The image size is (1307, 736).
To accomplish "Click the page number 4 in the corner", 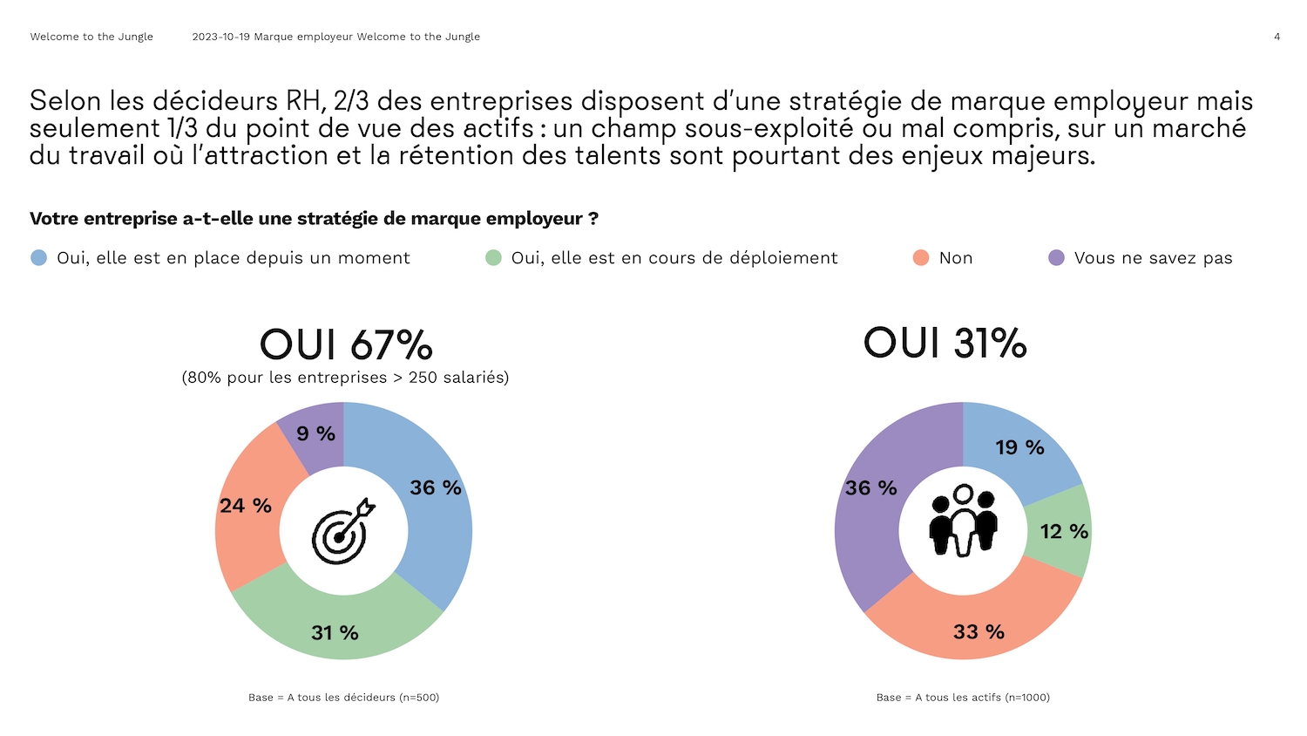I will pyautogui.click(x=1277, y=37).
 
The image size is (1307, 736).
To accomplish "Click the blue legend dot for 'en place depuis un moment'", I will pyautogui.click(x=38, y=257).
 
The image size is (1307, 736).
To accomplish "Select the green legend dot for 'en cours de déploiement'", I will pyautogui.click(x=493, y=257).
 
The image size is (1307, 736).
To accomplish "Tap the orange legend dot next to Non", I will pyautogui.click(x=921, y=257).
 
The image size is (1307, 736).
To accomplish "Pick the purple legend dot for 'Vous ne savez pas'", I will pyautogui.click(x=1056, y=257).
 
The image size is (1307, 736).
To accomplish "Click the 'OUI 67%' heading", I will pyautogui.click(x=346, y=344).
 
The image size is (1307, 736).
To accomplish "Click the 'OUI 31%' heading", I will pyautogui.click(x=945, y=343).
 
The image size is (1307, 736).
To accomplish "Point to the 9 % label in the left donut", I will pyautogui.click(x=315, y=433).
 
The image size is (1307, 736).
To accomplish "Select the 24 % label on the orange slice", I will pyautogui.click(x=246, y=506).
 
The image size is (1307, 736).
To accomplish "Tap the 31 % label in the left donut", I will pyautogui.click(x=335, y=632).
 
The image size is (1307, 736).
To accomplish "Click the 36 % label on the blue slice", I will pyautogui.click(x=436, y=487).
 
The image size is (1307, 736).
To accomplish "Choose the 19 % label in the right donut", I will pyautogui.click(x=1019, y=447).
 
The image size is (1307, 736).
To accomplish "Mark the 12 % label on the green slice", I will pyautogui.click(x=1064, y=531).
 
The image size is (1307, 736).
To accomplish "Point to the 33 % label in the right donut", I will pyautogui.click(x=979, y=631).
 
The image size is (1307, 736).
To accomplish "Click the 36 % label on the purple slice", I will pyautogui.click(x=870, y=487).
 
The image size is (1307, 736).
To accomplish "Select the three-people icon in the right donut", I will pyautogui.click(x=963, y=521).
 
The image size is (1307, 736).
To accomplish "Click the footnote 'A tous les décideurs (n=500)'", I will pyautogui.click(x=344, y=698).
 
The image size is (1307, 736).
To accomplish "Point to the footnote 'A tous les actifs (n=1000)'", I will pyautogui.click(x=963, y=698).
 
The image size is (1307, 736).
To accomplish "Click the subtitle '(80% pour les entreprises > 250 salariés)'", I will pyautogui.click(x=345, y=378).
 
